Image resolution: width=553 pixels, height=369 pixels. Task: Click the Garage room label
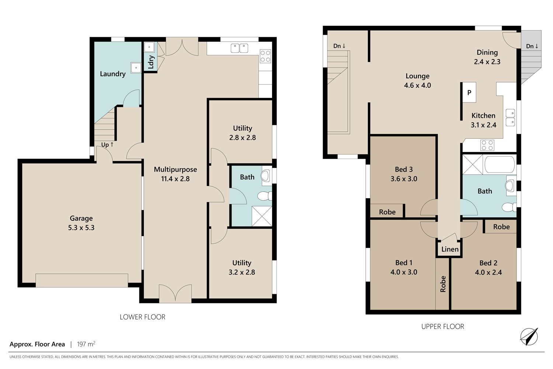[81, 218]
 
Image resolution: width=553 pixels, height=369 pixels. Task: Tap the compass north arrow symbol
[529, 337]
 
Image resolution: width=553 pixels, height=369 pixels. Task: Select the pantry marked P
[469, 93]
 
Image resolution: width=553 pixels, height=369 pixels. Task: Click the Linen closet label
[450, 249]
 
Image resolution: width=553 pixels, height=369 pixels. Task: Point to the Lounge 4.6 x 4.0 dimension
[417, 85]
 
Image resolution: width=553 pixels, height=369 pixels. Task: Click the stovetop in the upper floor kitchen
[487, 145]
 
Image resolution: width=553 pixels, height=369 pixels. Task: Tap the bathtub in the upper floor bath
[500, 164]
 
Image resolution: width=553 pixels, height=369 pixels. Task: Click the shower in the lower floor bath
[262, 216]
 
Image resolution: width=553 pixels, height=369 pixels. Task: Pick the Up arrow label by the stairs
[107, 145]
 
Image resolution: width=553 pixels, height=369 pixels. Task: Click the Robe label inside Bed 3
[387, 212]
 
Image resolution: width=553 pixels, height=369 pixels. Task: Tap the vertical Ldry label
[151, 62]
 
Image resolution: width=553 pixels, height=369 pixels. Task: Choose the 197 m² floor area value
[86, 344]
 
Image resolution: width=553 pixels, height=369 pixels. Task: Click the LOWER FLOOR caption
[142, 317]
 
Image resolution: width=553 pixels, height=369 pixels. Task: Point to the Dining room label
[487, 52]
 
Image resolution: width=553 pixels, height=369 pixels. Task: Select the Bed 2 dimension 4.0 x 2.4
[488, 272]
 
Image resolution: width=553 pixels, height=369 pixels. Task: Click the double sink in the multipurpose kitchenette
[240, 48]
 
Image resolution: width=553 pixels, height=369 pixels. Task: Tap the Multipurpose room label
[175, 169]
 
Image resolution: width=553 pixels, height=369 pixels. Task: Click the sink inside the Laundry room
[136, 68]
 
